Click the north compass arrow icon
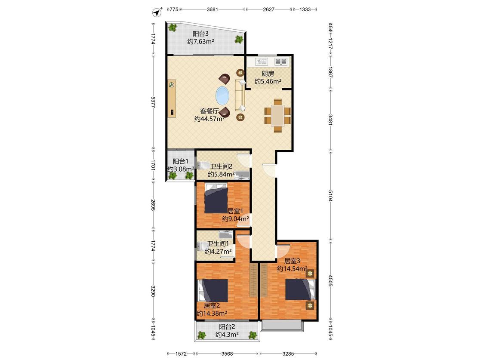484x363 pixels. pyautogui.click(x=157, y=12)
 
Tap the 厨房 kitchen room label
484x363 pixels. pyautogui.click(x=268, y=74)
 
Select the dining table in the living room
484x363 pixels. pyautogui.click(x=278, y=116)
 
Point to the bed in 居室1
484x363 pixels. pyautogui.click(x=216, y=198)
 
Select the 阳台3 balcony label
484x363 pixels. pyautogui.click(x=200, y=34)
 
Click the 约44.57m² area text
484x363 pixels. pyautogui.click(x=209, y=119)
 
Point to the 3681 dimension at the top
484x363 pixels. pyautogui.click(x=213, y=9)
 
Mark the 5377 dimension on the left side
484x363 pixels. pyautogui.click(x=153, y=102)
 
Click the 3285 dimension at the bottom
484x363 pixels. pyautogui.click(x=288, y=354)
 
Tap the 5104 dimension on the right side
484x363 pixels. pyautogui.click(x=330, y=196)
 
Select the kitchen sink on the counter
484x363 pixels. pyautogui.click(x=262, y=62)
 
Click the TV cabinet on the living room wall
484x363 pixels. pyautogui.click(x=172, y=99)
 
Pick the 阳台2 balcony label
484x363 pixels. pyautogui.click(x=227, y=327)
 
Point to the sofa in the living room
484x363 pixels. pyautogui.click(x=240, y=95)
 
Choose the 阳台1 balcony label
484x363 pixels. pyautogui.click(x=181, y=161)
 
